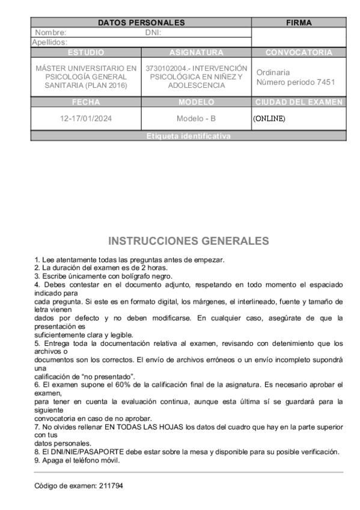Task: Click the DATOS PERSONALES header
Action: click(141, 23)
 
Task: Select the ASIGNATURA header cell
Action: click(197, 52)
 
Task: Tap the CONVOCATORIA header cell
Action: click(299, 52)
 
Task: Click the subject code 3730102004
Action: click(167, 68)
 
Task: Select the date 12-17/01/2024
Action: click(87, 118)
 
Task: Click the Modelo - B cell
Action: click(197, 118)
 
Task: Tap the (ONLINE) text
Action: click(269, 118)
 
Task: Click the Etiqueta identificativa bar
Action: click(188, 137)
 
